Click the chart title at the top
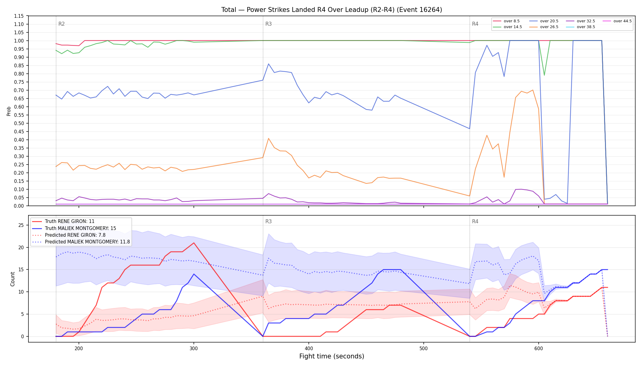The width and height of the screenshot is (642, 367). point(332,10)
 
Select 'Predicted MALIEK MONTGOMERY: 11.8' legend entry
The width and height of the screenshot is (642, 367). point(81,242)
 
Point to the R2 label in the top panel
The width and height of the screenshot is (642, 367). point(61,24)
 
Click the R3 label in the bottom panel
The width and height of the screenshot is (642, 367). point(268,221)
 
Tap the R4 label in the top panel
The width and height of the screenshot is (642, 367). point(475,24)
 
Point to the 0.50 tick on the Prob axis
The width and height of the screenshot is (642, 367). point(19,123)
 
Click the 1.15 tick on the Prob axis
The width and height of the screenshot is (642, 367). point(19,16)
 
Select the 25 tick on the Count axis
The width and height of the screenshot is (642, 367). point(21,225)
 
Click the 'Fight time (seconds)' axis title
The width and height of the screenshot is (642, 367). point(332,356)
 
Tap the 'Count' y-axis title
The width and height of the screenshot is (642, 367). point(13,279)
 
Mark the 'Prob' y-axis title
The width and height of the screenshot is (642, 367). point(9,111)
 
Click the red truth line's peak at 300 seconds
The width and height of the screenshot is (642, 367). point(194,243)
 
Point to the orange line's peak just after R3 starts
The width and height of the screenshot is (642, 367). point(268,138)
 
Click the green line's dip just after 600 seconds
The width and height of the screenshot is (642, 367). point(544,75)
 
